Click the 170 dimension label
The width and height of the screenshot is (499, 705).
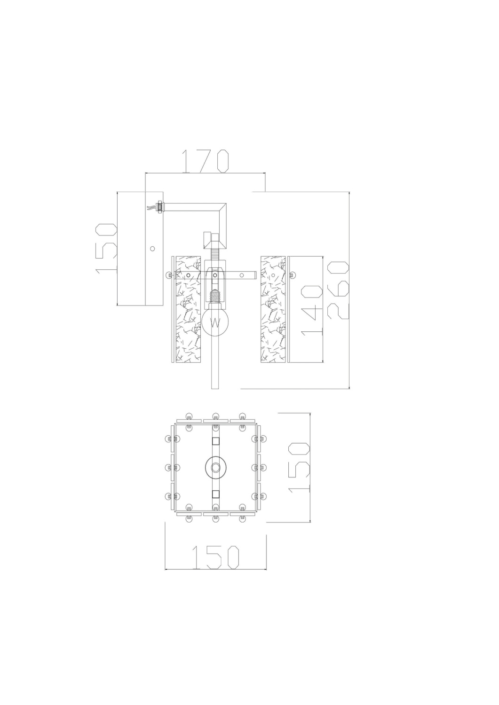[x=205, y=161]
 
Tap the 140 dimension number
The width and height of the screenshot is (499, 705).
[x=311, y=309]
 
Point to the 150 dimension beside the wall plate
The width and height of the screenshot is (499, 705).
[x=106, y=248]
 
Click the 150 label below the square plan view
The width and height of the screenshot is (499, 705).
[x=216, y=558]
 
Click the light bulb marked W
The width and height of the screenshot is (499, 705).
[x=215, y=321]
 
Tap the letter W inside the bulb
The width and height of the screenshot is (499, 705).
[x=215, y=323]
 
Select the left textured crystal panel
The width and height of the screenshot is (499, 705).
[x=188, y=309]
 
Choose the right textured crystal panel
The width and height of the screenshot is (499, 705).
[x=273, y=309]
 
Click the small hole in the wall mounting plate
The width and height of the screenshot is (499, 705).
[x=152, y=249]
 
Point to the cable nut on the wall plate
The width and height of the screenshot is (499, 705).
[x=159, y=206]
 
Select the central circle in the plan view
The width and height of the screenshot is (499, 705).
[x=215, y=468]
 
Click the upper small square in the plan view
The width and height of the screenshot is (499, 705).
[x=215, y=441]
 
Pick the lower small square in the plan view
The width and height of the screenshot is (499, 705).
[x=215, y=493]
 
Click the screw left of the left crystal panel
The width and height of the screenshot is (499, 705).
[x=169, y=275]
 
